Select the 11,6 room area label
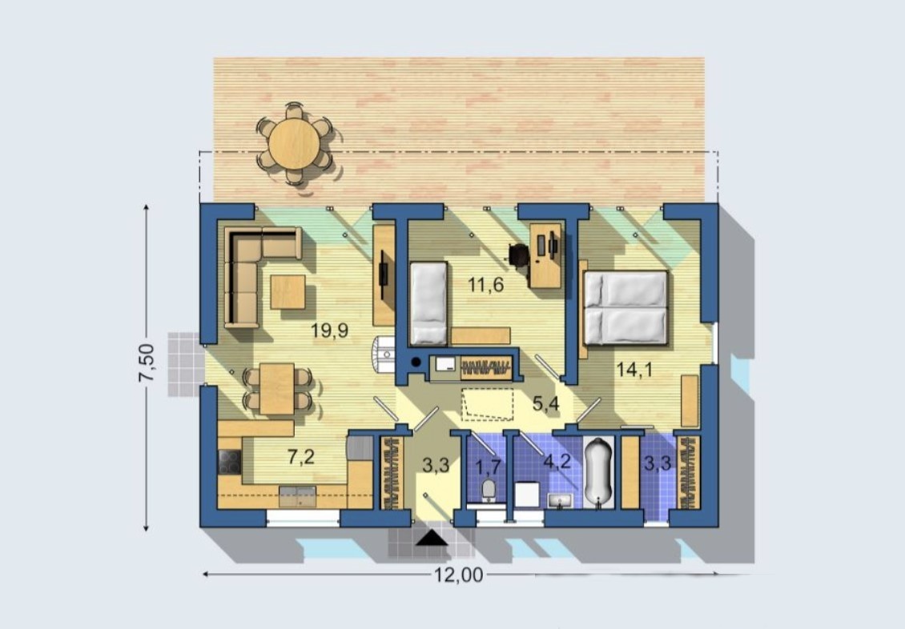(485, 283)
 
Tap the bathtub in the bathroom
(598, 472)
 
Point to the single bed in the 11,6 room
(428, 303)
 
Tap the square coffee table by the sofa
(287, 291)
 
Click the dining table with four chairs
(277, 388)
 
